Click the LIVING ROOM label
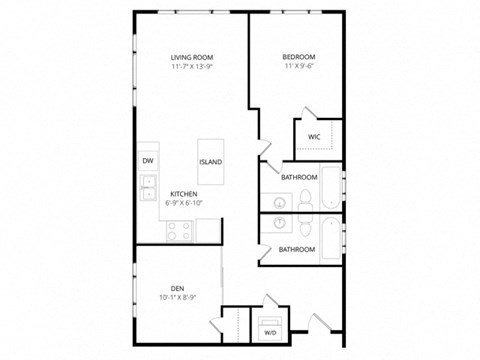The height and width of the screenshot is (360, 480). pos(193,57)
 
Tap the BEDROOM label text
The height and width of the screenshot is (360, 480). pos(299,57)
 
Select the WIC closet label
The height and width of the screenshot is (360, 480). pos(313,136)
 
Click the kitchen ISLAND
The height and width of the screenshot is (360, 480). pos(210,161)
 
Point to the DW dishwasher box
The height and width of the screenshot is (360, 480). pos(147,160)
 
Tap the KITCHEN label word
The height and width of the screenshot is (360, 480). pos(182,193)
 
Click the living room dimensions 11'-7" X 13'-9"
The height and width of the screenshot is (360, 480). pos(193,68)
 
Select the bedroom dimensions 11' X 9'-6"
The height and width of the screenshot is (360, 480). pos(299,68)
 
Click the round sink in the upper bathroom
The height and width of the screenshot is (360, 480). pos(279,196)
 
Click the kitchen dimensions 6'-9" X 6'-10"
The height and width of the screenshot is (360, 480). pos(182,203)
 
